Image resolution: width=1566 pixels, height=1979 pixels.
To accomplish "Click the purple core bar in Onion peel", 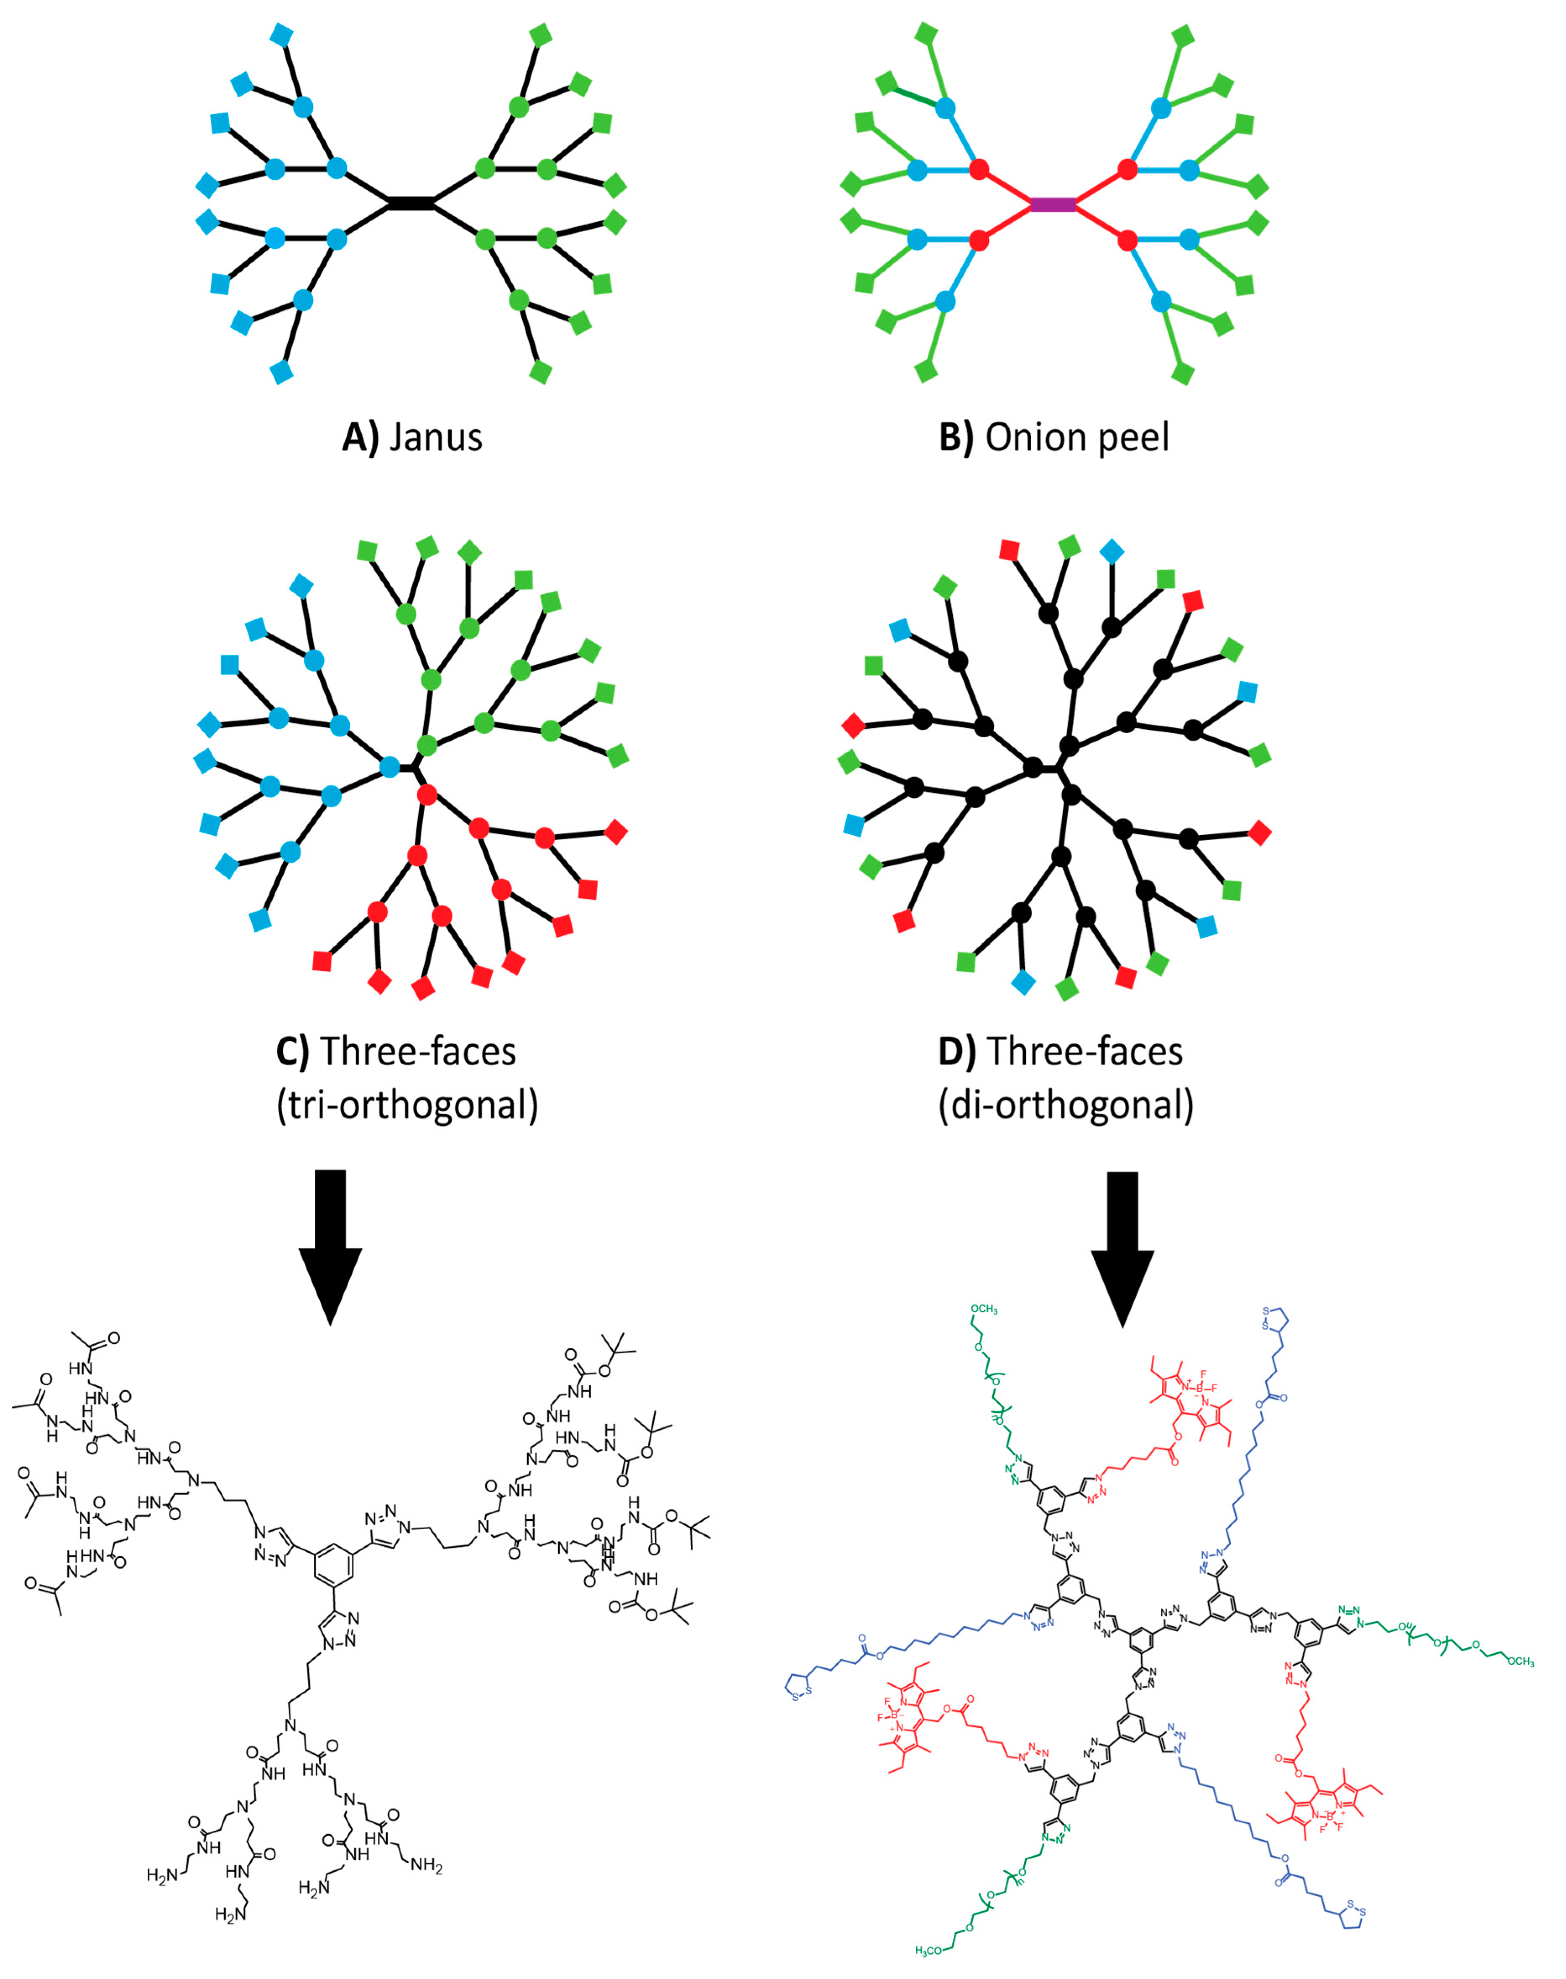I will [x=1053, y=204].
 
